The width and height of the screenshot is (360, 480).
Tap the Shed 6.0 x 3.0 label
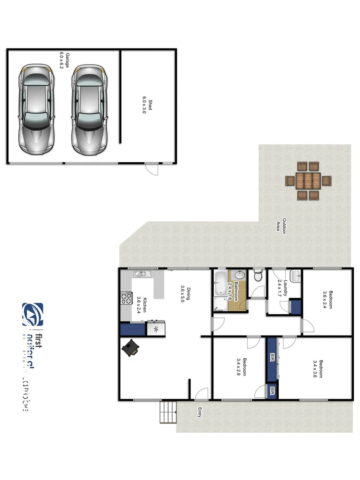point(141,106)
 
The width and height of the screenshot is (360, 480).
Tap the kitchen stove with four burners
point(126,298)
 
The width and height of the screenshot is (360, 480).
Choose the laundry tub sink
point(295,275)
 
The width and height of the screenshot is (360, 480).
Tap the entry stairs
point(168,412)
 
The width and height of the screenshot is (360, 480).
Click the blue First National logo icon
point(33,314)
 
